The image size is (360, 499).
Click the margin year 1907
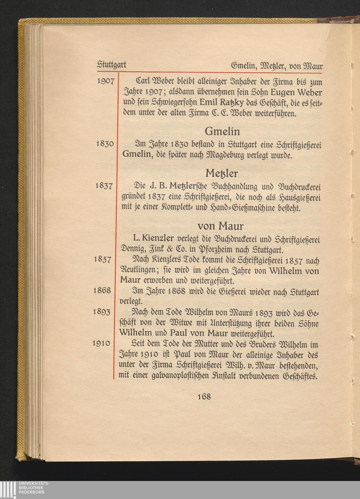[106, 81]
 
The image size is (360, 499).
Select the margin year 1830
[106, 144]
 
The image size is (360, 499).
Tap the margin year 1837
[106, 186]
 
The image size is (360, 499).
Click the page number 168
[204, 396]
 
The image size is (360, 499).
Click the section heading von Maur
[221, 226]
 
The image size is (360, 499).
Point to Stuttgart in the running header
[112, 66]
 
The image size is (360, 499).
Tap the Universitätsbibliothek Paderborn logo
[25, 489]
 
